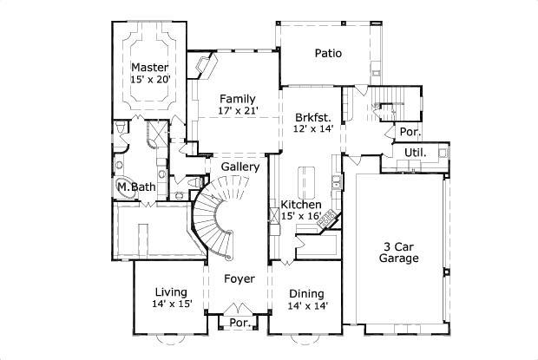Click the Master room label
pos(149,67)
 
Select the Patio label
pos(328,54)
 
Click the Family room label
pos(237,98)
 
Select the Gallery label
pos(240,167)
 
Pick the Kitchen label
pos(301,205)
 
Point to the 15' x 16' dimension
pos(301,217)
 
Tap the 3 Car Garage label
pos(401,252)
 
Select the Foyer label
pos(239,279)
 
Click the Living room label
pos(173,291)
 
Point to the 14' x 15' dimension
pos(173,304)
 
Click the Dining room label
pos(307,293)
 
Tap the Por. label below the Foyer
pos(239,323)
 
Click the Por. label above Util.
pos(408,133)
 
